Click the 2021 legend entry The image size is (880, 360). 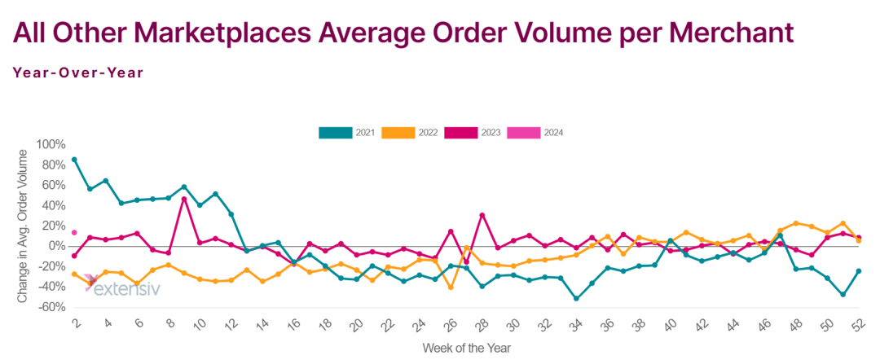point(346,132)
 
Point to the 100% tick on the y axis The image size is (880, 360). point(51,145)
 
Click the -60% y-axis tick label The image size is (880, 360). point(51,308)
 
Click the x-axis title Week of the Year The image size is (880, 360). point(466,348)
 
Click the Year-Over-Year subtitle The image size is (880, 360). point(78,72)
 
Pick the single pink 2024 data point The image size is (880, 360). point(74,233)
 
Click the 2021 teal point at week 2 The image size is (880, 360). point(74,160)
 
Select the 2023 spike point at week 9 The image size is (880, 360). point(184,199)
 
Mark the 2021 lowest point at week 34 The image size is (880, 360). point(576,298)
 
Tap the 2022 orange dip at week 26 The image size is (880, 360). point(451,287)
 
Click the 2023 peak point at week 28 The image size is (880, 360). point(482,215)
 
